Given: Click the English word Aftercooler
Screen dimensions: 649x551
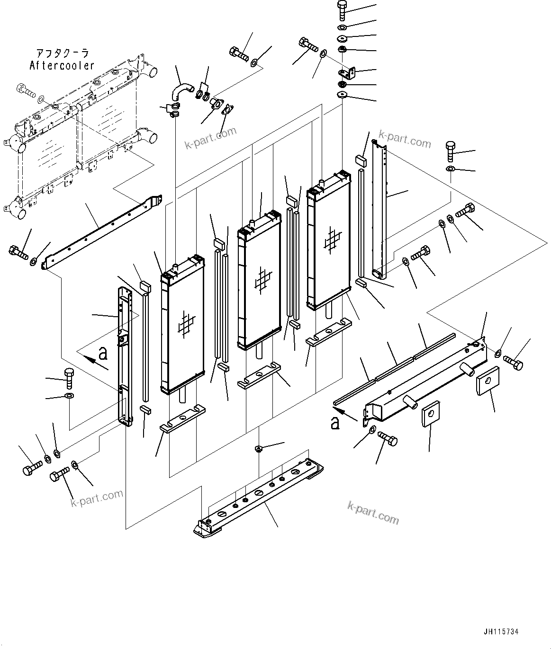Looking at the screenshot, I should [62, 65].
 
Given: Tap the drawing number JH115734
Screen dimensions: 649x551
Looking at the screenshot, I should [501, 631].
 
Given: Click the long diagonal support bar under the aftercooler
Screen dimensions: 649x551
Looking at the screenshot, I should [102, 231].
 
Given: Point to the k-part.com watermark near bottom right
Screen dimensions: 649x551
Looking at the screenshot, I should [373, 513].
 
